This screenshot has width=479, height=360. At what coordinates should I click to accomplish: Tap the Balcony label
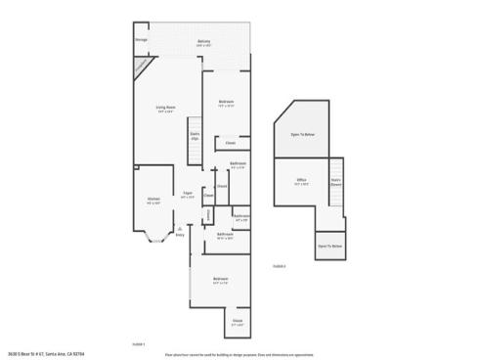(203, 41)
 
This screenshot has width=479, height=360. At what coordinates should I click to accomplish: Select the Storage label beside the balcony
(142, 40)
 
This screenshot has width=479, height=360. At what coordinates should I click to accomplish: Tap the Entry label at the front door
(179, 235)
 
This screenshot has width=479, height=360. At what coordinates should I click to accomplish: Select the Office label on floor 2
(303, 182)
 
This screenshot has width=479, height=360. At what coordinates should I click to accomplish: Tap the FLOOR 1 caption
(138, 343)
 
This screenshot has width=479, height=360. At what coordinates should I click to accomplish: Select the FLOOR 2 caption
(279, 265)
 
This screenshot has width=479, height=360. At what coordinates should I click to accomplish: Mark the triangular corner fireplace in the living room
(144, 66)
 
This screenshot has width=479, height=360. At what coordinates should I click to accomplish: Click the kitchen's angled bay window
(153, 235)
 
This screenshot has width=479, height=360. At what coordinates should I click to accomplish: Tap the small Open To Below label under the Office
(329, 246)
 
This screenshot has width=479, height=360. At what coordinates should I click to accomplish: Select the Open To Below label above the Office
(302, 136)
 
